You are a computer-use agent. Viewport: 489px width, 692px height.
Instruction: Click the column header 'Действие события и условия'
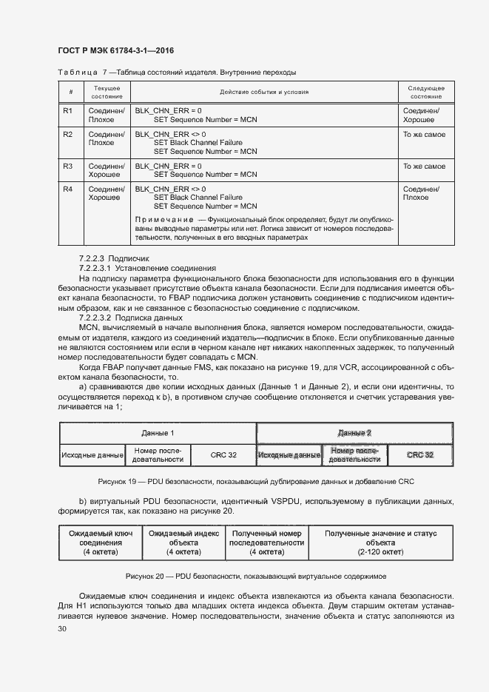point(264,93)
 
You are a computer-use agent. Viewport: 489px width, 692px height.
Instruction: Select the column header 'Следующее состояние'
point(426,93)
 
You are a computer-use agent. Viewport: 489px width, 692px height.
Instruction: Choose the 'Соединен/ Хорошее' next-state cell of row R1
point(421,115)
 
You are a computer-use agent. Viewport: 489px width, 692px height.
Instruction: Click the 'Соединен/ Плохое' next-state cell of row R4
point(421,194)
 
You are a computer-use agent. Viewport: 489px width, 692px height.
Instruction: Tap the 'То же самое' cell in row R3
point(424,167)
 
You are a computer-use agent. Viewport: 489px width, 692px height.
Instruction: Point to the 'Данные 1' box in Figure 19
point(158,432)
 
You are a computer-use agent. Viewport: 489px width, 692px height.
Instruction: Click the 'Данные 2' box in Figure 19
point(354,432)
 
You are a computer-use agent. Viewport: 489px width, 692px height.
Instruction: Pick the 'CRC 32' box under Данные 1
point(223,454)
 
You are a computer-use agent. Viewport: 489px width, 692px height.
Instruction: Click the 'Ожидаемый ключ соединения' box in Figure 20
point(101,542)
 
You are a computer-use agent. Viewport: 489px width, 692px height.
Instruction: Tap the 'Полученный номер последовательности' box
point(266,542)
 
